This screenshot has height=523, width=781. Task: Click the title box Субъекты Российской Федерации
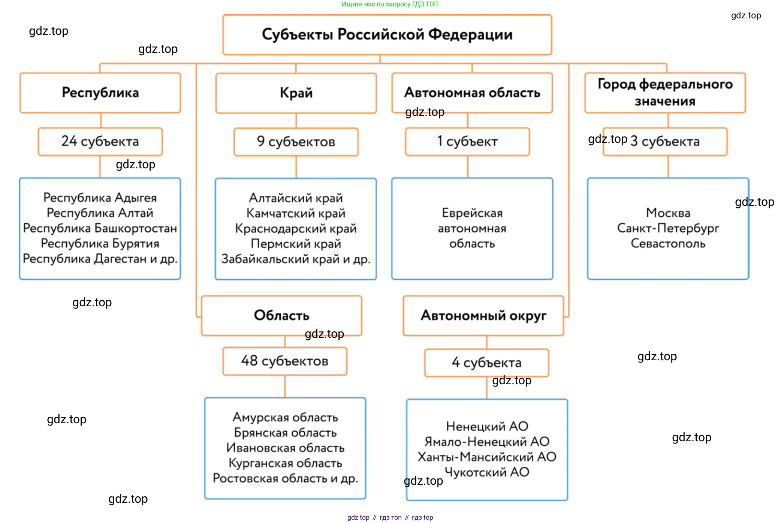point(387,34)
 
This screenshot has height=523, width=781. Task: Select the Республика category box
point(100,93)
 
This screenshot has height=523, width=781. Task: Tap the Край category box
point(296,93)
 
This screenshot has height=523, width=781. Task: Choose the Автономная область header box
point(472,92)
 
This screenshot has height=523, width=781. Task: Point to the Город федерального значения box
point(665,92)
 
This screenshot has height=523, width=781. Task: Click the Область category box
point(281,315)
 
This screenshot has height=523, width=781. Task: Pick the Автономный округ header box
point(483,315)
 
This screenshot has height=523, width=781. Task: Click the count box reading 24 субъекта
point(100,141)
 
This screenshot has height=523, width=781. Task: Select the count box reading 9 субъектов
point(296,142)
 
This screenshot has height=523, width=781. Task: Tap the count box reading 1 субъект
point(467,141)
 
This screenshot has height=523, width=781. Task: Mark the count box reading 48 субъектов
point(284,361)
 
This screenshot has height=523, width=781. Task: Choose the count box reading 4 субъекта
point(486,363)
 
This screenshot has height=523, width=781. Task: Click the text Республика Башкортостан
point(100,228)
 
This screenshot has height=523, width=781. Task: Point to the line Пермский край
point(296,244)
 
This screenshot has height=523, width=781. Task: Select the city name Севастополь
point(668,243)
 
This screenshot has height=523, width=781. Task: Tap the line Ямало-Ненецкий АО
point(487,442)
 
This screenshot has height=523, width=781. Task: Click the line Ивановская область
point(285,448)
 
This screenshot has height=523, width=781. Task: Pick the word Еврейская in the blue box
point(472,213)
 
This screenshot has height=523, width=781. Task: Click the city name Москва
point(668,213)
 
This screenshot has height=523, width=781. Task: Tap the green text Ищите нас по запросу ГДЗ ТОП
point(390,4)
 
